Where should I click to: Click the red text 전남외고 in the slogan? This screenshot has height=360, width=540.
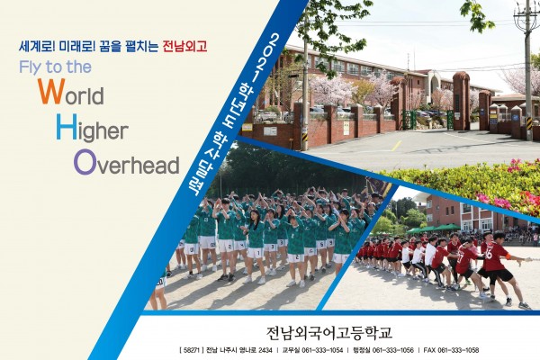pos(184,46)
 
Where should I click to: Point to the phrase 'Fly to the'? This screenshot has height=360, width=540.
pos(56,67)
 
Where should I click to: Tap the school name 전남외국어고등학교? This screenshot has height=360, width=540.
pos(329,333)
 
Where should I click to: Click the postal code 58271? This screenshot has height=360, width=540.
pos(192,350)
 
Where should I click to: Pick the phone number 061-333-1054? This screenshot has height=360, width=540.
pos(322,350)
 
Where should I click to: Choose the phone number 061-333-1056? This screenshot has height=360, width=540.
pos(393,350)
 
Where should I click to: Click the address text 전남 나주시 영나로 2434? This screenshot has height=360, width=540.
pos(239,350)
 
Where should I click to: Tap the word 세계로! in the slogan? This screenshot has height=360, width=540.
pos(37,46)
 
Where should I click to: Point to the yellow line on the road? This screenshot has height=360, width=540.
pos(396,146)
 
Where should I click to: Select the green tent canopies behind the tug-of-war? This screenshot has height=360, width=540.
pos(433,229)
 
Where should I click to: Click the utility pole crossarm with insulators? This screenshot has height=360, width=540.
pos(526,15)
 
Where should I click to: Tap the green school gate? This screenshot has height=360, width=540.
pos(409,120)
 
